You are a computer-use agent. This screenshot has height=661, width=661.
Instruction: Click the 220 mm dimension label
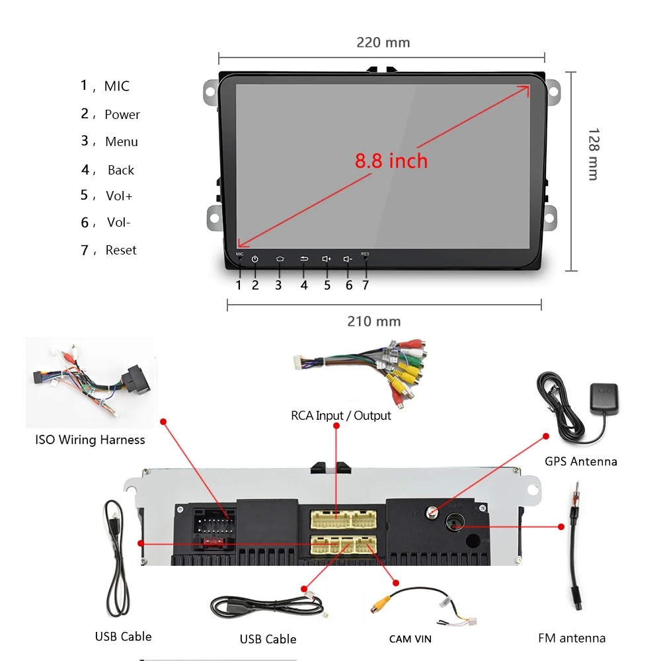click(383, 43)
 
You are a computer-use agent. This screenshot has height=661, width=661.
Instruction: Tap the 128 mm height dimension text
click(593, 154)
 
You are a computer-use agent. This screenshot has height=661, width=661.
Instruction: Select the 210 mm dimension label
click(374, 322)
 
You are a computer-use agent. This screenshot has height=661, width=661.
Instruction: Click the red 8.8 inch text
click(391, 161)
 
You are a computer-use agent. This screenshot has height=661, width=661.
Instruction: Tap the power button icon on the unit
click(255, 259)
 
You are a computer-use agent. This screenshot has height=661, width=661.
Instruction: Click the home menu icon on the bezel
click(279, 259)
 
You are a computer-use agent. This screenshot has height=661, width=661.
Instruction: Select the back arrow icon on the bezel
click(304, 259)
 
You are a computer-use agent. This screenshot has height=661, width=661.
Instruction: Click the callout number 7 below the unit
click(365, 286)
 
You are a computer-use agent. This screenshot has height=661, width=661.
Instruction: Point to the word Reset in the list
click(121, 251)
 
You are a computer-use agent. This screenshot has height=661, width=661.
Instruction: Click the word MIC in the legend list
click(117, 87)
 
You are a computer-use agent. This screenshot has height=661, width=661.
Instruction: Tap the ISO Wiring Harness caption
click(90, 440)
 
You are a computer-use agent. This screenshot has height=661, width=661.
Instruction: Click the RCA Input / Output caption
click(341, 416)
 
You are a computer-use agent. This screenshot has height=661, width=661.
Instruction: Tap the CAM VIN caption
click(410, 639)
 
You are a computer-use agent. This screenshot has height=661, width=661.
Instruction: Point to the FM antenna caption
click(572, 639)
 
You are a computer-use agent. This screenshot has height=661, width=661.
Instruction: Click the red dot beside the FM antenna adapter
click(561, 527)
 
